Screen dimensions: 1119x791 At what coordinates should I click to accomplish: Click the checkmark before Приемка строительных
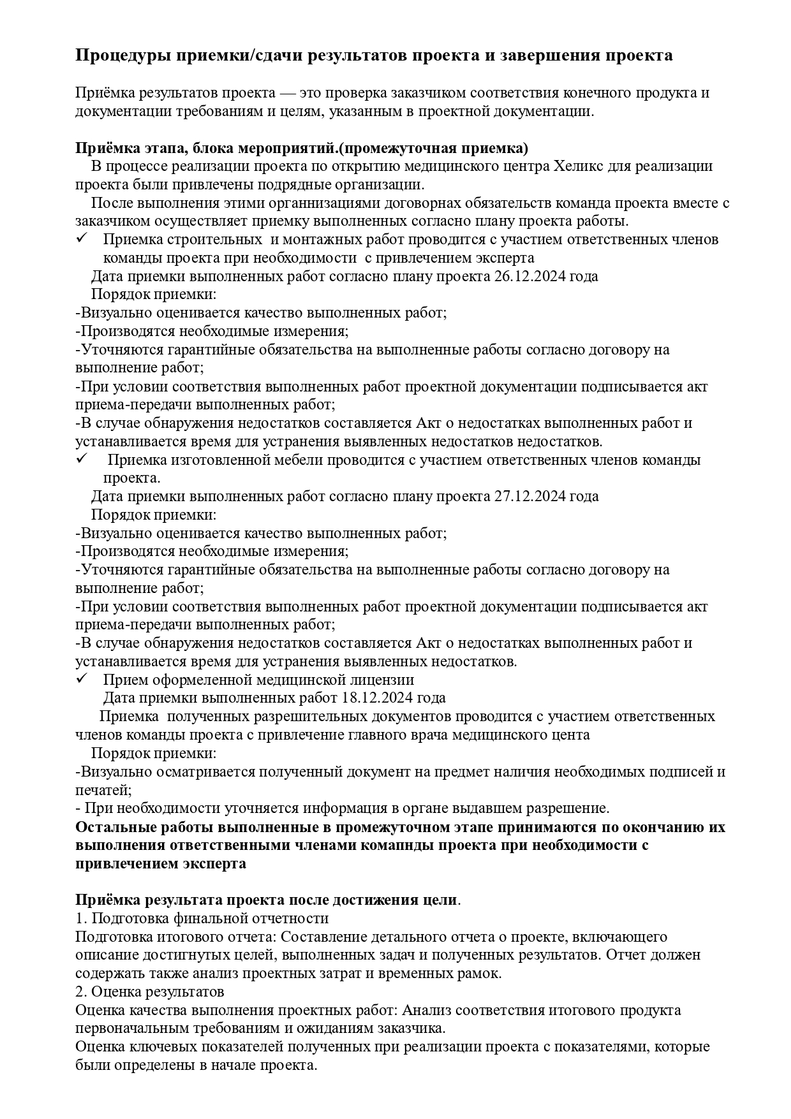81,238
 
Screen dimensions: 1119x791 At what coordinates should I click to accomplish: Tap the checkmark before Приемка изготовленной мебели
81,459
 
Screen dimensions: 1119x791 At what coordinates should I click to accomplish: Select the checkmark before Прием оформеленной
81,679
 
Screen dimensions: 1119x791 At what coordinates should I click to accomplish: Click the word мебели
298,460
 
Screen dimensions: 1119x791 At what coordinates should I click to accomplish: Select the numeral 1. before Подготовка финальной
81,918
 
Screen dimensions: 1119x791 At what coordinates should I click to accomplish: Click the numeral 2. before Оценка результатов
82,991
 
